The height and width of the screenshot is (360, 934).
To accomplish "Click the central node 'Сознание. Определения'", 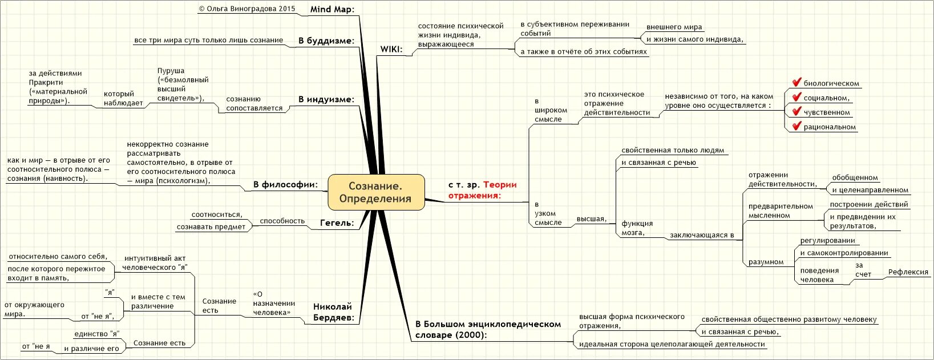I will pos(376,192).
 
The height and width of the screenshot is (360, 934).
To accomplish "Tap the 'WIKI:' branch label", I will pos(391,49).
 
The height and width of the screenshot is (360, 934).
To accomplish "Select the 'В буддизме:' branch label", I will pos(326,41).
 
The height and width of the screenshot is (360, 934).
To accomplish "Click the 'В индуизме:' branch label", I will pos(326,99).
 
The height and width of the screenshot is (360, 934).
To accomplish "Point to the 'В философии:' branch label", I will pos(285,184).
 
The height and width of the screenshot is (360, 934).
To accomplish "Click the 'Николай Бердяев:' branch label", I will pos(333,312).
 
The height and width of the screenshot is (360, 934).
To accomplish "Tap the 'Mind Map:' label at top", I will pos(332,9).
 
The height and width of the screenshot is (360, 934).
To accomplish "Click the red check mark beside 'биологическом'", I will pos(796,83).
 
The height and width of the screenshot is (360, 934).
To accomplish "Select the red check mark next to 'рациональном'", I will pos(796,126).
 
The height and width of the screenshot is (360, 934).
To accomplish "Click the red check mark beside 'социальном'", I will pos(796,97).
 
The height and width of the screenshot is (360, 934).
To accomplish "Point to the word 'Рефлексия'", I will pos(908,272).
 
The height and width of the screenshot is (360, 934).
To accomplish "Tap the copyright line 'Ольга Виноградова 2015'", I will pos(247,9).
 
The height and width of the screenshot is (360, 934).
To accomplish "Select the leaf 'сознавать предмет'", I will pos(211,226).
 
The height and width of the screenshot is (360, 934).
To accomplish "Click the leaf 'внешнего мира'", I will pos(674,27).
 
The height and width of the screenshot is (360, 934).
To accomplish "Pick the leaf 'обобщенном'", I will pos(855,177).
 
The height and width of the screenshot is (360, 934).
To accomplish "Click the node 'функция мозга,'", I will pos(637,228).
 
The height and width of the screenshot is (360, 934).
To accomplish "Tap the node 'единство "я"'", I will pos(96,334).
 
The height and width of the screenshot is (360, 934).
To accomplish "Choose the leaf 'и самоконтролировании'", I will pos(844,253).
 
